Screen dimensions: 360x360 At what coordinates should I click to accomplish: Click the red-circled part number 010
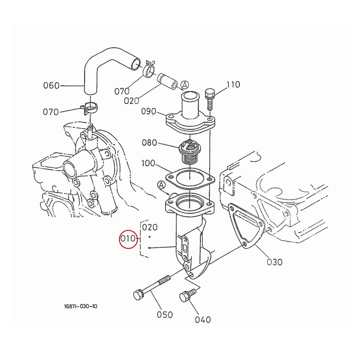point(128,239)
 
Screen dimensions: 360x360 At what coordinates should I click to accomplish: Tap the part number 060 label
point(52,86)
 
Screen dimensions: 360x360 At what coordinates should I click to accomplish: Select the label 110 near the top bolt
point(233,85)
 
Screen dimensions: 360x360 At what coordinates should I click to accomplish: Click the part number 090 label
point(149,112)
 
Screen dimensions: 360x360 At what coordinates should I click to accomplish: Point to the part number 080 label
point(149,142)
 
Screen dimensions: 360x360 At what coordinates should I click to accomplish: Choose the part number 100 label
point(148,163)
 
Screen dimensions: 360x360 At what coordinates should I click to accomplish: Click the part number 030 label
point(274,262)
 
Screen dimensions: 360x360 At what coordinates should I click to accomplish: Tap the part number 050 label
point(165,315)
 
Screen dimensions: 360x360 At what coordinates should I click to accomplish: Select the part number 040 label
point(203,320)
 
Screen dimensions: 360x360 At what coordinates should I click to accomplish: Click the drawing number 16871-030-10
point(80,306)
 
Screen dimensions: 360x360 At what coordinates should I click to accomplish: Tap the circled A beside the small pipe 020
point(185,85)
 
